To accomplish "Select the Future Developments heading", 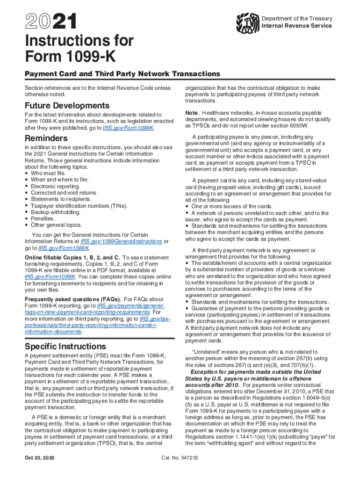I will point(67,105).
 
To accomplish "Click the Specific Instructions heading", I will point(65,347).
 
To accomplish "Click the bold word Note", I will point(193,113).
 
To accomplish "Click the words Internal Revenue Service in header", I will point(296,26).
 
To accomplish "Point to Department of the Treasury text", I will point(296,18).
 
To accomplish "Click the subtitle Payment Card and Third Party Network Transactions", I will point(122,74).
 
